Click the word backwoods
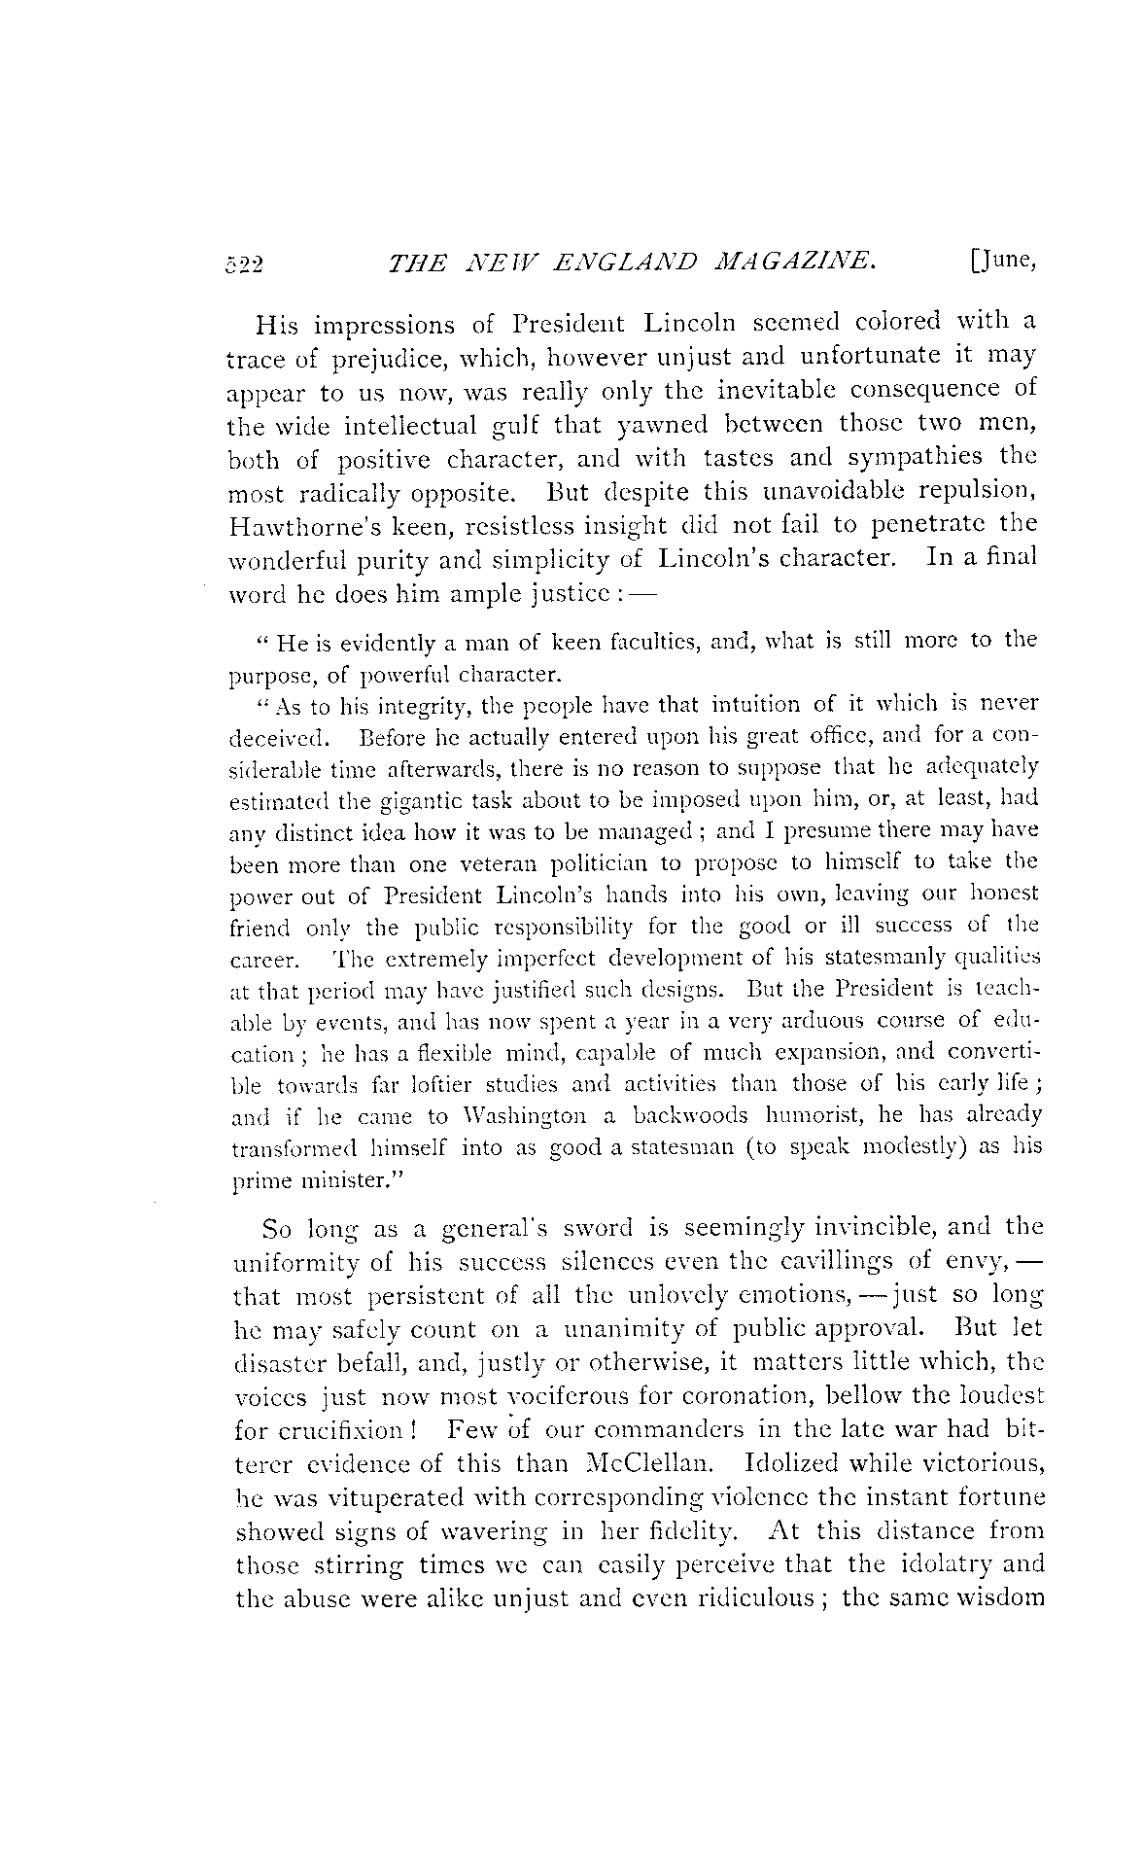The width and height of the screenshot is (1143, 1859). pyautogui.click(x=690, y=1114)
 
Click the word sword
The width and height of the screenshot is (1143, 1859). pyautogui.click(x=599, y=1228)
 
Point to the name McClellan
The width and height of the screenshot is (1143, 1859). pyautogui.click(x=658, y=1464)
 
